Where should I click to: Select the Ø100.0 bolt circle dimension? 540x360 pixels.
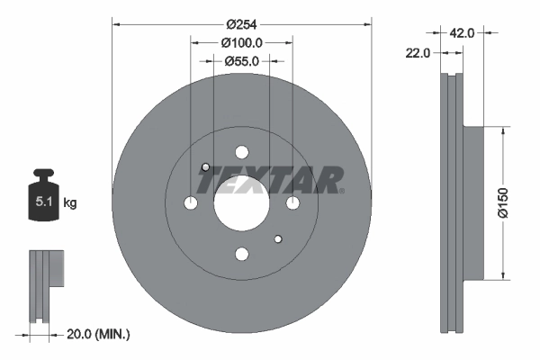coord(241,42)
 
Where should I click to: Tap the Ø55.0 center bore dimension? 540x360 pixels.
coord(241,61)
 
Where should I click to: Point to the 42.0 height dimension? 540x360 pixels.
coord(462,32)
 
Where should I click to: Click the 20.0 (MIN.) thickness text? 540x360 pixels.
coord(99,334)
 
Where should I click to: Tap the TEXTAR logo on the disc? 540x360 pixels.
coord(270,180)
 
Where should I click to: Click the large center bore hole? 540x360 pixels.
coord(240,204)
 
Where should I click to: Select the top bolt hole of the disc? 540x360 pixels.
coord(241,153)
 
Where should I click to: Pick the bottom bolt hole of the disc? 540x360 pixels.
coord(241,256)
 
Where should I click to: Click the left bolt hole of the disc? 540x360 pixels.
coord(190,204)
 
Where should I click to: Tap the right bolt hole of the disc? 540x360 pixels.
coord(292,204)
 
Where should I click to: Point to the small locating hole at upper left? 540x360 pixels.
coord(205,167)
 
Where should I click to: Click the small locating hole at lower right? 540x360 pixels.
coord(277,238)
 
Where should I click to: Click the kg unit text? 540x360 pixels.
coord(70,203)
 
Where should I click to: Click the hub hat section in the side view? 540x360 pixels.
coord(473,202)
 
